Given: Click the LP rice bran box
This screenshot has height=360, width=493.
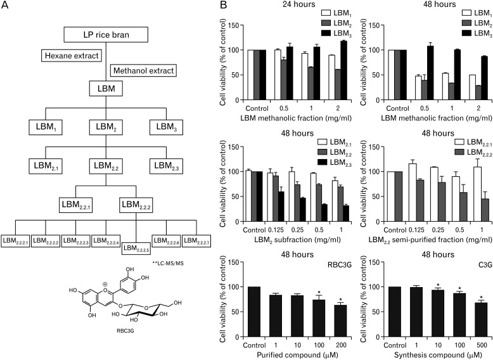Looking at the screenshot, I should pos(103,33).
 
